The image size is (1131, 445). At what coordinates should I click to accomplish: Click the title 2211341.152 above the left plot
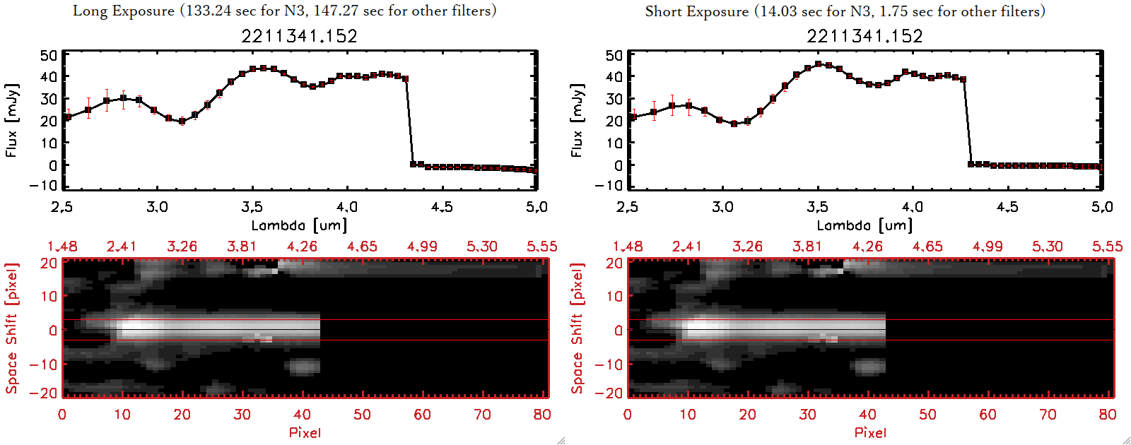click(x=299, y=36)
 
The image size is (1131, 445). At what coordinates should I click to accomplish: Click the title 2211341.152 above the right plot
click(x=865, y=36)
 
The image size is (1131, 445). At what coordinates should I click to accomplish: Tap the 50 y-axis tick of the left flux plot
click(x=49, y=55)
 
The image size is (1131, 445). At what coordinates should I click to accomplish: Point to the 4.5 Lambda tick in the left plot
click(x=442, y=207)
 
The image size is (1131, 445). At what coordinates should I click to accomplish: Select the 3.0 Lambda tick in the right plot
click(x=722, y=207)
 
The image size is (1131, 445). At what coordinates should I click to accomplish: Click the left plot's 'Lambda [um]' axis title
click(x=299, y=225)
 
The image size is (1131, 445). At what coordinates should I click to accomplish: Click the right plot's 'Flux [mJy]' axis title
click(x=578, y=120)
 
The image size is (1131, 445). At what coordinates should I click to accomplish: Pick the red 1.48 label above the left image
click(x=62, y=247)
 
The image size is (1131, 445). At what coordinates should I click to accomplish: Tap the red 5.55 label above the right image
click(x=1107, y=247)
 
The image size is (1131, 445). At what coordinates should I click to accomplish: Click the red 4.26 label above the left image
click(x=302, y=247)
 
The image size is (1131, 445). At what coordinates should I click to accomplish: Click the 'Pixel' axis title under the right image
click(x=870, y=432)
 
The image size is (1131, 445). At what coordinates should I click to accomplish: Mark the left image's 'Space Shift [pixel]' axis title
click(x=12, y=328)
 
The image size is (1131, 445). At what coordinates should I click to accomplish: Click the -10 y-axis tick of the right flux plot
click(x=609, y=186)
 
